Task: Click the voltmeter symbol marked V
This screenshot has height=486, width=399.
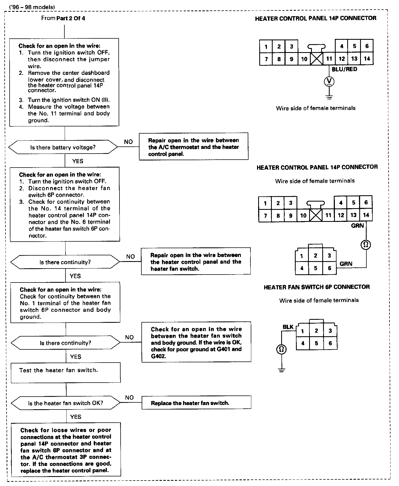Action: point(329,81)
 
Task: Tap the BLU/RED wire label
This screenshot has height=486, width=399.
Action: point(344,69)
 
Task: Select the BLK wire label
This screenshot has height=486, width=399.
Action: point(288,327)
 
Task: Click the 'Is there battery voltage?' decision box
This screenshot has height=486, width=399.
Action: point(63,148)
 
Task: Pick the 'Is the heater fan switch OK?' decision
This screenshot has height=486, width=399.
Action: point(65,403)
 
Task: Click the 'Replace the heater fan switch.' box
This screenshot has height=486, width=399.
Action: point(196,403)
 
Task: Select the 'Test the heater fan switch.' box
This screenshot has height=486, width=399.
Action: point(65,372)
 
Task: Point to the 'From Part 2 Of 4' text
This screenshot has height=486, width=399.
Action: point(63,18)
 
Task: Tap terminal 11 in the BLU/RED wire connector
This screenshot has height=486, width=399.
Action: point(329,59)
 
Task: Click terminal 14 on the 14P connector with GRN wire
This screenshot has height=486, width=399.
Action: point(366,215)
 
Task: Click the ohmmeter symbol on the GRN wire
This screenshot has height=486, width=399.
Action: point(366,244)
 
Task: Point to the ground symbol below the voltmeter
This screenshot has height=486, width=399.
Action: point(329,97)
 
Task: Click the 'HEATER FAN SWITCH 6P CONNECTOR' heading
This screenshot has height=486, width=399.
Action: point(317,287)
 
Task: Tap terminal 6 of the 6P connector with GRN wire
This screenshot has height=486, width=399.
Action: point(329,268)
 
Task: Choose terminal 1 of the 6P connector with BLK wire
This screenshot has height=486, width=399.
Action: point(303,331)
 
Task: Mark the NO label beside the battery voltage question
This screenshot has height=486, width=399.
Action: point(128,142)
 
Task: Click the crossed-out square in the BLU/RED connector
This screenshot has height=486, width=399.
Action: point(317,59)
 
